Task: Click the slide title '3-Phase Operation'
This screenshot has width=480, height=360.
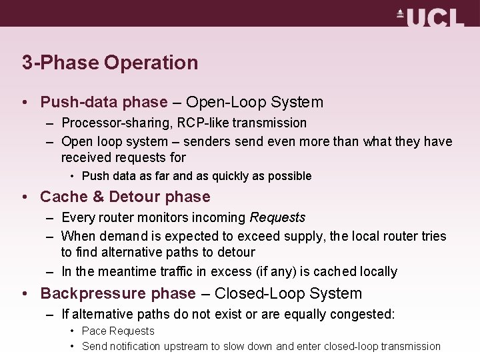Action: (110, 63)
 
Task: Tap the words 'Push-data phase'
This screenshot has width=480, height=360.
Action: (104, 103)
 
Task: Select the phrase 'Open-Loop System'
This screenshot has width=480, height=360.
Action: (255, 103)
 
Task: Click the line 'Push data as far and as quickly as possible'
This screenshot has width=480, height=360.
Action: (197, 177)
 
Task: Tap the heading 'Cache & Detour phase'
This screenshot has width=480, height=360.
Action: (125, 197)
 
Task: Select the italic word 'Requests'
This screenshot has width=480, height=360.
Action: (277, 218)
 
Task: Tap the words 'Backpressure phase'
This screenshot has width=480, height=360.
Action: (118, 294)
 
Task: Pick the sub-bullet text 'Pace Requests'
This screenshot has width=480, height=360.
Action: (118, 331)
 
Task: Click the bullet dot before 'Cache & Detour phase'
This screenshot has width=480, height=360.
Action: (24, 197)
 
